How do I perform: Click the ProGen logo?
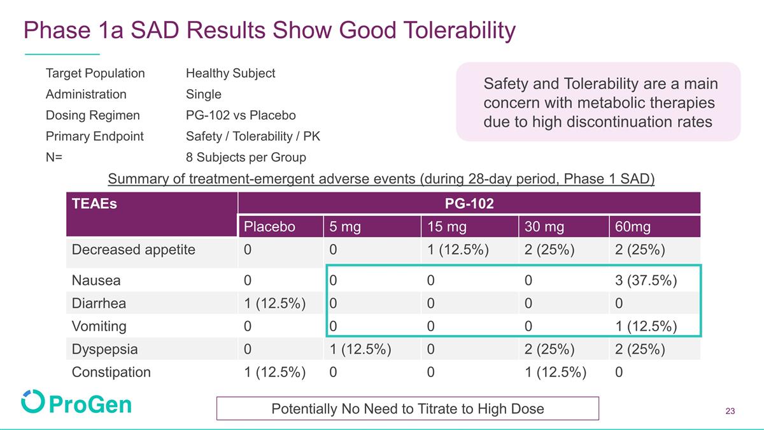76,402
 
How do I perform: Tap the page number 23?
730,411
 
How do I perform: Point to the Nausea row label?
96,280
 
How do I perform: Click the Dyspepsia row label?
104,349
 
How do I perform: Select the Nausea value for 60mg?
646,280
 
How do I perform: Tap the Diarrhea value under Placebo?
274,303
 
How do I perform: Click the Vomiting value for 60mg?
646,326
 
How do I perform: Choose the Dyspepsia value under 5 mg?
360,349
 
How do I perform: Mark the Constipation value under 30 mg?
555,372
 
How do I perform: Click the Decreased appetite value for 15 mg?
458,250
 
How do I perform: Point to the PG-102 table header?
469,203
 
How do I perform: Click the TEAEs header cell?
94,203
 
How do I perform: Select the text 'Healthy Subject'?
230,73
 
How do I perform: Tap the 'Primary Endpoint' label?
94,136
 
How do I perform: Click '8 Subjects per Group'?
246,157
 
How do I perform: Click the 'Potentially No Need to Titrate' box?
407,408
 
